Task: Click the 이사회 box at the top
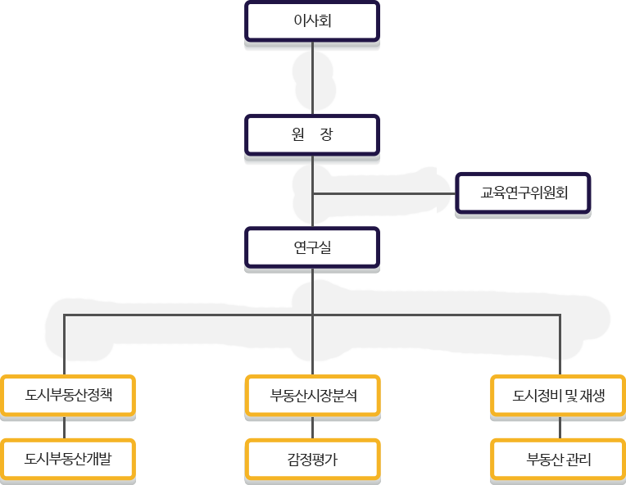[312, 21]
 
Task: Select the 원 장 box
[312, 135]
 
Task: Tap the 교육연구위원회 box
[524, 194]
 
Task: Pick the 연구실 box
[312, 247]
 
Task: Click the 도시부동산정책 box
[68, 396]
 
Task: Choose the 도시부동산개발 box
[68, 460]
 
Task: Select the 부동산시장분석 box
[313, 396]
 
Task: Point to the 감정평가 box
[313, 460]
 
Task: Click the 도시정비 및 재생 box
[559, 396]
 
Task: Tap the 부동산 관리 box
[559, 460]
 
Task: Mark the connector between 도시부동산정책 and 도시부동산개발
[64, 428]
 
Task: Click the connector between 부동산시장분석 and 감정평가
[312, 428]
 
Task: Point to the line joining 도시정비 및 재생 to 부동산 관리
[560, 428]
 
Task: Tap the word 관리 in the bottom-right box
[578, 460]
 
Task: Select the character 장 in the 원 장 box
[327, 135]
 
